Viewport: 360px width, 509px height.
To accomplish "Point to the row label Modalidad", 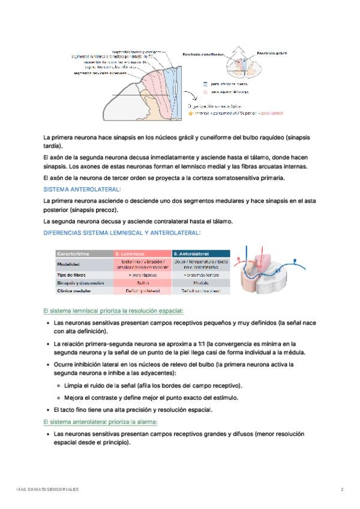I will pyautogui.click(x=69, y=264).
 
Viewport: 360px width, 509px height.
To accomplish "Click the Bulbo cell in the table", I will pyautogui.click(x=143, y=282).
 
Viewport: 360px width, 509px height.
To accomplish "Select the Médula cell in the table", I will pyautogui.click(x=201, y=282).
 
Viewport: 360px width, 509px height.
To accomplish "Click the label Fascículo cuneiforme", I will pyautogui.click(x=202, y=54).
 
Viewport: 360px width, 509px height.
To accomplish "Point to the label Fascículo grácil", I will pyautogui.click(x=271, y=53).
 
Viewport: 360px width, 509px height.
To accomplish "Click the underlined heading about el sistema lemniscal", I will pyautogui.click(x=114, y=311).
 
